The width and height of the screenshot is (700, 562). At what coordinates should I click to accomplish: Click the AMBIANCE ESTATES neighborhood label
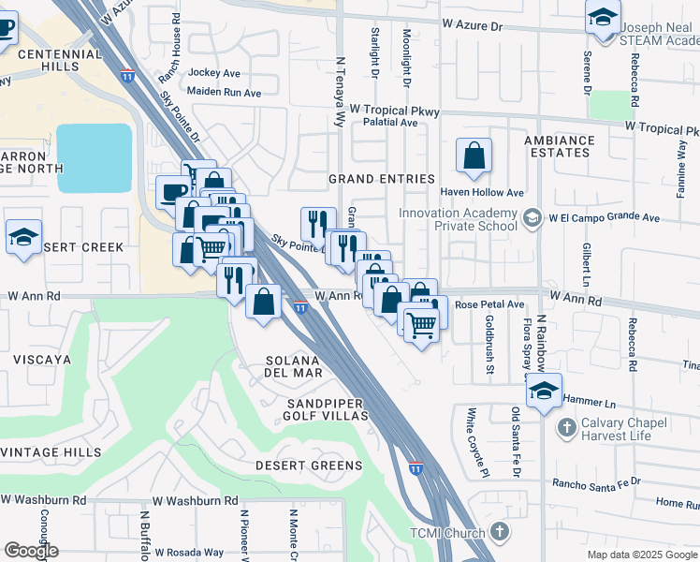(x=559, y=147)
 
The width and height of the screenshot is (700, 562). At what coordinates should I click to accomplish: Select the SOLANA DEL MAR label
(x=294, y=366)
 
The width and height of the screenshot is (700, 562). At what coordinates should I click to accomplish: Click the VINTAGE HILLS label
(x=51, y=452)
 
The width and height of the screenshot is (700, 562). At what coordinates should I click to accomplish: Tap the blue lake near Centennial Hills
(x=94, y=157)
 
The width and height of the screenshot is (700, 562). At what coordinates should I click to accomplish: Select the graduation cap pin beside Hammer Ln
(x=543, y=391)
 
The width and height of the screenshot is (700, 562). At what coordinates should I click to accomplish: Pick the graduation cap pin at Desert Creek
(x=22, y=237)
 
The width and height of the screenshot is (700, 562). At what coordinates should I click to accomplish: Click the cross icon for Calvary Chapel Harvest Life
(x=565, y=428)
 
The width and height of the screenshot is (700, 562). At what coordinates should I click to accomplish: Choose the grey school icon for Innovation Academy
(x=532, y=218)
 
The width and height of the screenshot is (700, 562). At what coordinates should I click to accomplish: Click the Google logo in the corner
(x=31, y=551)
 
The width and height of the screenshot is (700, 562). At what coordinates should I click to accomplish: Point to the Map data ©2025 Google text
(x=642, y=555)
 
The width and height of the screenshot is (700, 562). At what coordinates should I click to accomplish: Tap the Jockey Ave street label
(x=214, y=72)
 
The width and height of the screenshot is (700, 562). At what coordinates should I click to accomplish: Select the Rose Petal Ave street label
(x=489, y=304)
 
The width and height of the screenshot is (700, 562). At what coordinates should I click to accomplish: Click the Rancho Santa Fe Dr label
(x=595, y=482)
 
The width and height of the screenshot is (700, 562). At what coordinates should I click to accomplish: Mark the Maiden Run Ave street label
(x=224, y=93)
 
